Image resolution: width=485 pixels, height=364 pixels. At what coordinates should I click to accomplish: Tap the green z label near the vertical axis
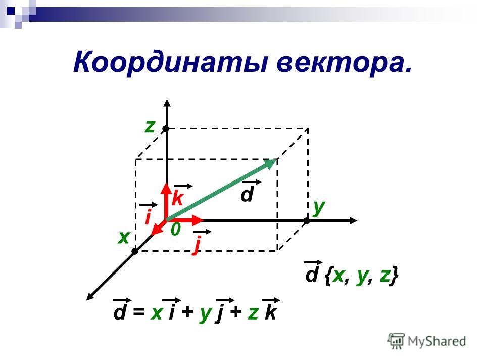150,126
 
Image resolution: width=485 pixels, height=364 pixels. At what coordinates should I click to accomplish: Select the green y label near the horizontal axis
319,207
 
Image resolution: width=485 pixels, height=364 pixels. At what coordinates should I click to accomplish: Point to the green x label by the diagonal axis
124,238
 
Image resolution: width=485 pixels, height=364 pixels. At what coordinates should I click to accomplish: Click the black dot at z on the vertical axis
166,128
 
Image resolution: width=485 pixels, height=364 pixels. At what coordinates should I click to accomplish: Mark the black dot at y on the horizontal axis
307,221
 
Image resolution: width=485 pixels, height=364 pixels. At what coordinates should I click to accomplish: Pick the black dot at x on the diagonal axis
135,251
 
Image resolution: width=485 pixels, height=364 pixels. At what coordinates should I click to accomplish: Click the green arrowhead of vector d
270,163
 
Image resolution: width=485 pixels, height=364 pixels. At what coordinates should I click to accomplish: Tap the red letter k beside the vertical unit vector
177,198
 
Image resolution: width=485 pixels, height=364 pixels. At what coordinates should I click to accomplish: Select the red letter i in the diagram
148,217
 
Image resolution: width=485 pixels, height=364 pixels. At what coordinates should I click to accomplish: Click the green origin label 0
175,230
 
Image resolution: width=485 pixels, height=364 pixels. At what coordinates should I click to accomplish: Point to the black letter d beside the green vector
247,194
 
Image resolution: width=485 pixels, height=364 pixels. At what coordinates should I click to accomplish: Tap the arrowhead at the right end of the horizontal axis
353,221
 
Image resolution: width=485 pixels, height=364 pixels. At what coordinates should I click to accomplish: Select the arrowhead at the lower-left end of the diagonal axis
90,296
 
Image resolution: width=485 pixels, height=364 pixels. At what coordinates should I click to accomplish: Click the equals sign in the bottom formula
139,312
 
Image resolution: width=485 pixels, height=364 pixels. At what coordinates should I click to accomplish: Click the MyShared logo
427,341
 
